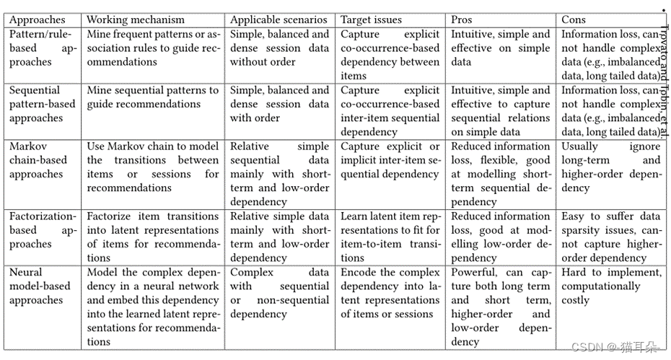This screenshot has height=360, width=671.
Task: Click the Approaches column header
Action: [37, 19]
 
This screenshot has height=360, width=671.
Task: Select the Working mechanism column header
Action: [136, 19]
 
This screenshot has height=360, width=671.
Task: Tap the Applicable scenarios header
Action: [279, 19]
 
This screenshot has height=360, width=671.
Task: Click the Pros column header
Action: [462, 19]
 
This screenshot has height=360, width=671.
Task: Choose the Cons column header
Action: [574, 19]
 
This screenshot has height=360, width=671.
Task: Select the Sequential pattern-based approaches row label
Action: [42, 104]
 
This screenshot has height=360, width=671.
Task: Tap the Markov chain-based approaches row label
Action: [38, 160]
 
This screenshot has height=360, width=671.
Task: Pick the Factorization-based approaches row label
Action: [42, 230]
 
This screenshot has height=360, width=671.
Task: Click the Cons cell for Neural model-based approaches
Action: [611, 286]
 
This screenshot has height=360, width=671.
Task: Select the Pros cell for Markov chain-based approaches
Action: [501, 174]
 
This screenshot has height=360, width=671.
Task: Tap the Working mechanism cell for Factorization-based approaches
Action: [153, 237]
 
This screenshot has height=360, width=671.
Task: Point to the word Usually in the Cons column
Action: [581, 146]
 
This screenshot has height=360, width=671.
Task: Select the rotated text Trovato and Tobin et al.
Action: [664, 79]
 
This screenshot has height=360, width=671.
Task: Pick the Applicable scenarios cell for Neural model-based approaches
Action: [279, 293]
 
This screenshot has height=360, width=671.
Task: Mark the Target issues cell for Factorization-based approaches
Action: [390, 237]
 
